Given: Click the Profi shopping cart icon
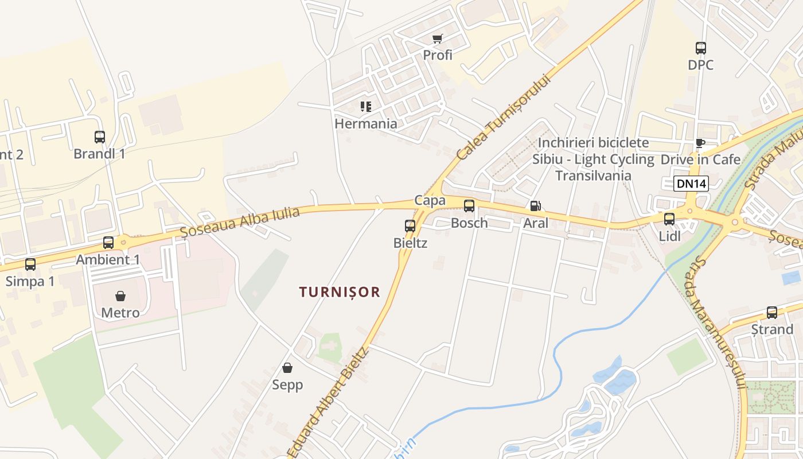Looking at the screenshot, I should coord(438,39).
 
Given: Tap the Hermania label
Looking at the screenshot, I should coord(366,123).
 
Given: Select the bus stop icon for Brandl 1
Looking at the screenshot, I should coord(100,137).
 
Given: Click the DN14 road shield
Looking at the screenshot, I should coord(691,184).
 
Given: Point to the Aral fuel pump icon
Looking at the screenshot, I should coord(535,206).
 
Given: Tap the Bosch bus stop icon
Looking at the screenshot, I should coord(469,206).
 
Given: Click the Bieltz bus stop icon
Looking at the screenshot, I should coord(410,226).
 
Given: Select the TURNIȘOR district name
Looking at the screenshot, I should coord(340,292).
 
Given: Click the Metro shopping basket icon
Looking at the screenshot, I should coord(120,296).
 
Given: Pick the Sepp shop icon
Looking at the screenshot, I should coord(287,368).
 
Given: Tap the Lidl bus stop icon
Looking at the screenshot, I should coord(669,219).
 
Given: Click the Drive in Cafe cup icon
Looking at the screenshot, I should coord(700,143).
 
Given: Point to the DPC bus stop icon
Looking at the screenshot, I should coord(701,48).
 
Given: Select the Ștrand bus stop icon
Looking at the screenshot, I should coord(772,313).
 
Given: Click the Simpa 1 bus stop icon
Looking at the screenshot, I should coord(30,264).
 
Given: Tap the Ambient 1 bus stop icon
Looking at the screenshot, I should coord(108,243).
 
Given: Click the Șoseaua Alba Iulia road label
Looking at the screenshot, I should coord(240,222).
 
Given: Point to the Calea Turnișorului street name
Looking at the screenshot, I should coord(504,118).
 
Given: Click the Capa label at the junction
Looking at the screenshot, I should coord(430,200).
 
